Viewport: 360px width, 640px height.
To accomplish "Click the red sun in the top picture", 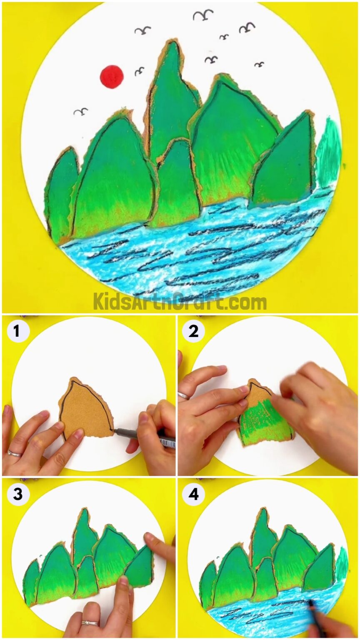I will coord(112,76).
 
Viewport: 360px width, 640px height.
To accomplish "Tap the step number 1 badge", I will coord(16,332).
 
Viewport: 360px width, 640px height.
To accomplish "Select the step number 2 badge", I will coord(193,332).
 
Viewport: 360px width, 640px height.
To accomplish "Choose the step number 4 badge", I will coord(193,494).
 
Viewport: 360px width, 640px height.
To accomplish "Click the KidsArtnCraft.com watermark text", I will coord(180,301).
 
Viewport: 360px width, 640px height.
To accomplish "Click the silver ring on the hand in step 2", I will coord(184,395).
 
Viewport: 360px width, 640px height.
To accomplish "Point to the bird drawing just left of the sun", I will coord(81,111).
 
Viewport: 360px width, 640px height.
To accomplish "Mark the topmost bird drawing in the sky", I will coord(202,15).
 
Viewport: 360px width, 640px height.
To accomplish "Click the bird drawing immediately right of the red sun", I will coord(140,71).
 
